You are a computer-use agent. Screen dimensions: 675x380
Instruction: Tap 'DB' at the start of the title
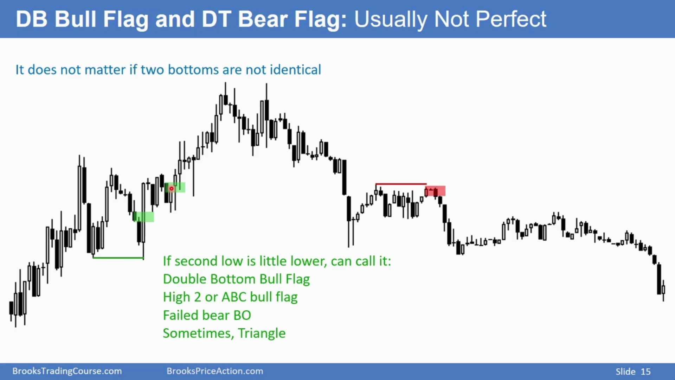31,19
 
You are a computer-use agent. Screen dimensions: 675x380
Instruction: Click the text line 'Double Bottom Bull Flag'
236,279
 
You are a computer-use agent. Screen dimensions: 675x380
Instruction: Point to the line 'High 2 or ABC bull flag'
230,297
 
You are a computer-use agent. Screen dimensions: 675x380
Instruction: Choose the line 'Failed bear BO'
207,315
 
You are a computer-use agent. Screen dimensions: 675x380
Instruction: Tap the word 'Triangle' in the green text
262,334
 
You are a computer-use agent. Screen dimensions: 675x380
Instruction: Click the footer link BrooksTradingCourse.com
67,371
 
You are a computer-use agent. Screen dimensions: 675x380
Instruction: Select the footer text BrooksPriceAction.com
215,371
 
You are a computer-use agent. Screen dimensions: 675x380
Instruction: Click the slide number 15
645,372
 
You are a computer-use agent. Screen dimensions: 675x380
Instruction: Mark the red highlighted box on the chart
435,191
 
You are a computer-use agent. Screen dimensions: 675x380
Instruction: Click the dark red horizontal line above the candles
401,184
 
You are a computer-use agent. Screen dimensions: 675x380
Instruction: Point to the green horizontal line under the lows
118,258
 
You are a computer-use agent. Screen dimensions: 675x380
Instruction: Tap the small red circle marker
172,189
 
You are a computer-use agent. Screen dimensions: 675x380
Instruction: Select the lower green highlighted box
143,217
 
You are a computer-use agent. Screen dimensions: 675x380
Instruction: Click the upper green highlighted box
175,187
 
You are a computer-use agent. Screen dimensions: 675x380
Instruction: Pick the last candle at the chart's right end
663,290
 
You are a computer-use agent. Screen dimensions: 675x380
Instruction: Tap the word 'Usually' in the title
391,20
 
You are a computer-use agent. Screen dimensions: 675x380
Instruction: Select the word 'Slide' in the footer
625,372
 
